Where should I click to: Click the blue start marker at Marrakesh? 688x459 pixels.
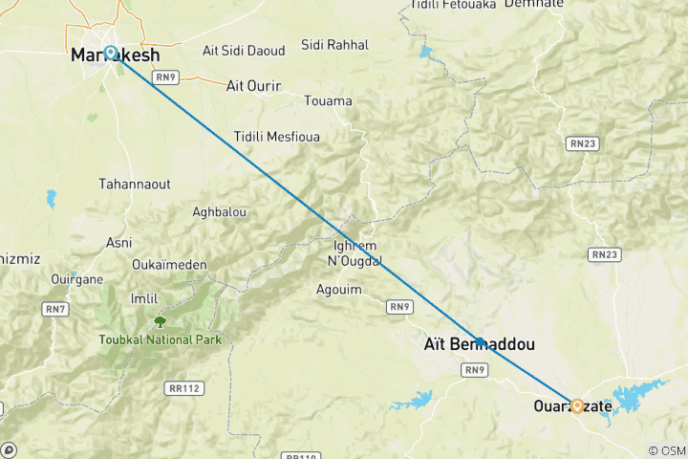point(111,54)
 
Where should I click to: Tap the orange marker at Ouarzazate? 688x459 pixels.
point(577,405)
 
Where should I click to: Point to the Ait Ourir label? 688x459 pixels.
point(253,86)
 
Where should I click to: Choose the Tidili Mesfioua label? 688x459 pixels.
point(277,137)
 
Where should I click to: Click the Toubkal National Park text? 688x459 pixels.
point(160,339)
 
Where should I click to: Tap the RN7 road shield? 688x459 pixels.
point(53,308)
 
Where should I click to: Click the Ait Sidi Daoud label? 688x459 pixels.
point(239,50)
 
